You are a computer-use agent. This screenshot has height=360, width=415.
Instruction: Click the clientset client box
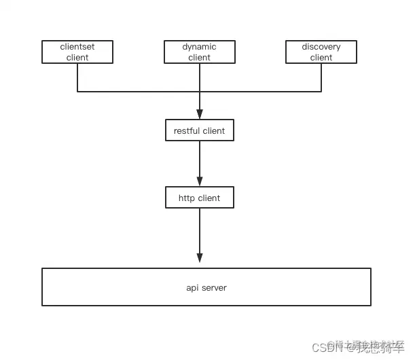click(x=77, y=52)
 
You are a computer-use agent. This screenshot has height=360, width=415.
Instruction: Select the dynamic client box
click(x=200, y=52)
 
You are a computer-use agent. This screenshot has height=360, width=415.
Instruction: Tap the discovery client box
click(x=321, y=52)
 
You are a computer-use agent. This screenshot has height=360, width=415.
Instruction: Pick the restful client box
click(x=200, y=130)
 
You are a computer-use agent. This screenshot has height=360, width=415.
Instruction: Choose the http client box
click(x=200, y=198)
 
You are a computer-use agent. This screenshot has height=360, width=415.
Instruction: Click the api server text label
click(x=206, y=288)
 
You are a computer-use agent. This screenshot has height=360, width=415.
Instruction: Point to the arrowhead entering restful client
click(x=200, y=115)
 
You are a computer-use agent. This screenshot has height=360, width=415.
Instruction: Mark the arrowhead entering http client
click(x=200, y=182)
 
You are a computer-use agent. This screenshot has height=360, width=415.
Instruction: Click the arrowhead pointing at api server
click(x=200, y=258)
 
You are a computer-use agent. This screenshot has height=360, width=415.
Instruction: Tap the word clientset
click(x=77, y=47)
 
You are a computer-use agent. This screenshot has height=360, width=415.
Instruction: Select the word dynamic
click(x=200, y=47)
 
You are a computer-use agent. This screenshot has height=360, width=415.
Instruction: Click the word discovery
click(x=321, y=47)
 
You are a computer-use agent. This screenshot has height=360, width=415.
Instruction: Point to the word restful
click(x=186, y=130)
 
